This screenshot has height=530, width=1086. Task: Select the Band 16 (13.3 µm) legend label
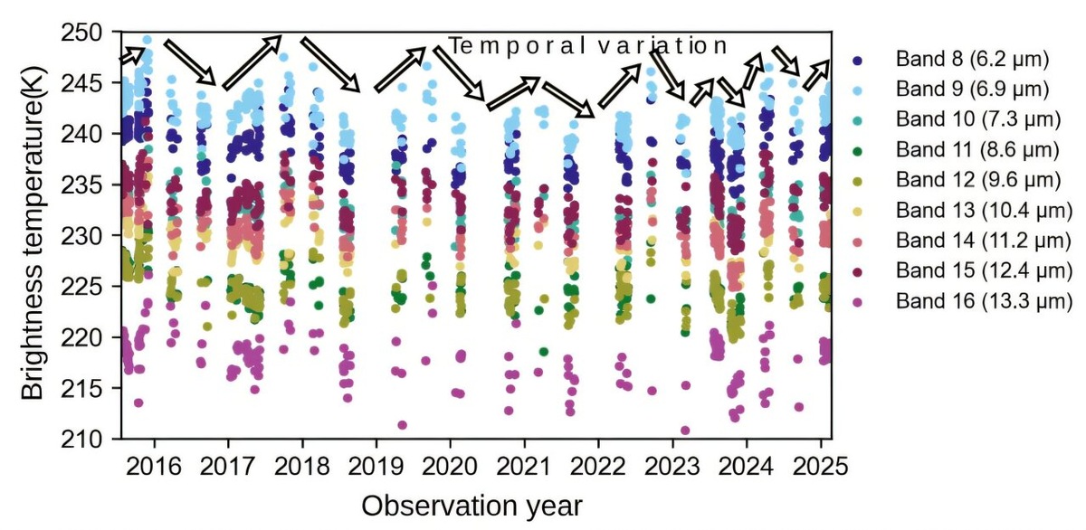980,299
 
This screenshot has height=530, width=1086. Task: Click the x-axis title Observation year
471,505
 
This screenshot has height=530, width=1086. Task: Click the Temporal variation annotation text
588,46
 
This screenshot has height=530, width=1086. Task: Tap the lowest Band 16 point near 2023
685,431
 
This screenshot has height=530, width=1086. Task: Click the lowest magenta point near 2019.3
402,425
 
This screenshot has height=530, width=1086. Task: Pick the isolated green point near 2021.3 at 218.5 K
543,352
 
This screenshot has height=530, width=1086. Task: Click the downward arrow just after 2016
190,62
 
